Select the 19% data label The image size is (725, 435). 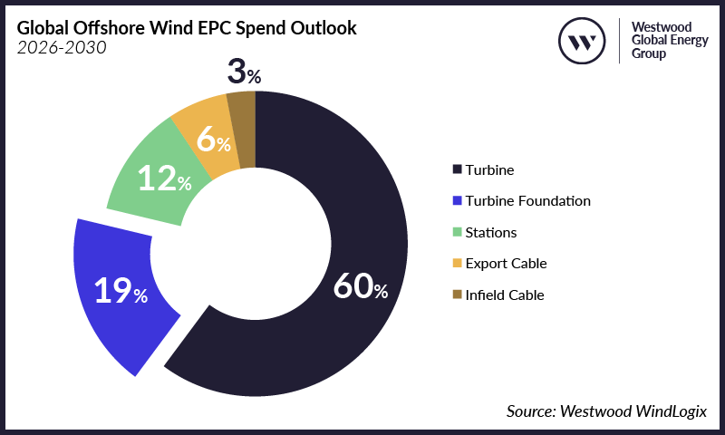click(x=121, y=291)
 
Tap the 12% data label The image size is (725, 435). click(x=164, y=179)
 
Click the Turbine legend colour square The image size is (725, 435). click(x=457, y=169)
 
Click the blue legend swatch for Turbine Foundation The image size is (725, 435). click(x=457, y=200)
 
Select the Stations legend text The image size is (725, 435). click(x=490, y=232)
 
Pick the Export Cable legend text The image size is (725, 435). click(x=506, y=263)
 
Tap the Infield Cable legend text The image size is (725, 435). click(x=505, y=295)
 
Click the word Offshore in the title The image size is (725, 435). click(x=111, y=28)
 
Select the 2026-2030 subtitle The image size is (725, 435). click(x=62, y=48)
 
